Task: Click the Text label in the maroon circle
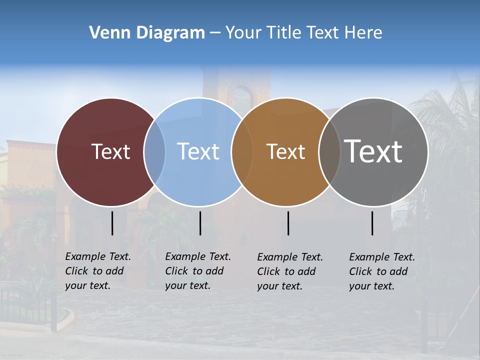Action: click(x=110, y=151)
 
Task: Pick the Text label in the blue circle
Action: click(x=198, y=151)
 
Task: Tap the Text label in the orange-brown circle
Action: click(x=285, y=151)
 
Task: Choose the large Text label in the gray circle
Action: click(x=373, y=151)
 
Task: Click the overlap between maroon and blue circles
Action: click(x=154, y=151)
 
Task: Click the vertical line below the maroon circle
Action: click(x=112, y=223)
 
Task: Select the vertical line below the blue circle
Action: click(x=200, y=223)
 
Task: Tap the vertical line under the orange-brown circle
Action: click(x=288, y=223)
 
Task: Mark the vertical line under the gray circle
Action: click(x=372, y=223)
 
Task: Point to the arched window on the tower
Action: click(x=242, y=95)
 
